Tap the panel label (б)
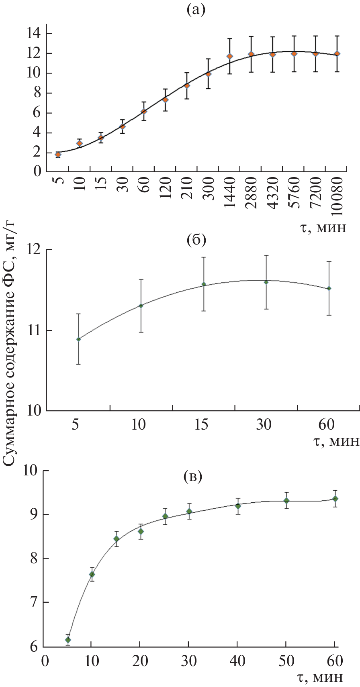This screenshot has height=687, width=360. point(196,241)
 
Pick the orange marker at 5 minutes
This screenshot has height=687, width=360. point(58,155)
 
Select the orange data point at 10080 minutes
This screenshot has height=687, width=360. point(337,53)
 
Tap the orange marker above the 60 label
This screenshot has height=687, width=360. point(143,112)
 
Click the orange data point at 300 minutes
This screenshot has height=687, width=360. point(208,74)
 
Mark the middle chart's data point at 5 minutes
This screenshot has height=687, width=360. point(79,339)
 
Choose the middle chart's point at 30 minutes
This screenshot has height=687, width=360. point(266,282)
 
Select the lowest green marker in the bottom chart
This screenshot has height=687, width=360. point(68,640)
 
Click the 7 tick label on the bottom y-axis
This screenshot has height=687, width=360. point(34,602)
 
